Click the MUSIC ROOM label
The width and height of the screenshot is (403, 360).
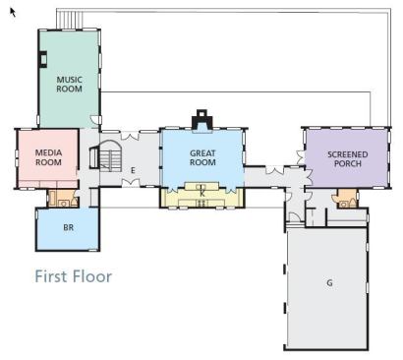[69, 85]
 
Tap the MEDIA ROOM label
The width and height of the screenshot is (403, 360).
[48, 157]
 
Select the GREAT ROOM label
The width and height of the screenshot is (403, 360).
[202, 157]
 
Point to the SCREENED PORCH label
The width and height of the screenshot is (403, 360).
[348, 159]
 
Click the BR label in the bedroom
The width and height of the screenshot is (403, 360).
[69, 227]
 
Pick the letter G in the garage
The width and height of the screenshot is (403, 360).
[329, 282]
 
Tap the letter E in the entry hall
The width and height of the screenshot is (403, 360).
[133, 170]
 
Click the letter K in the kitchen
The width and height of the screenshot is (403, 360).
[202, 194]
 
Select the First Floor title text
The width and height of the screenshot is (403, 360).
[74, 276]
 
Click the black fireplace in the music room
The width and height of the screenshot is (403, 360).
[42, 59]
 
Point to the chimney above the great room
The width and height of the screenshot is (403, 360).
[202, 120]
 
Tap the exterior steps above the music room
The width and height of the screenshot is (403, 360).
[70, 20]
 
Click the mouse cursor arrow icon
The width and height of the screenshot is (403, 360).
[13, 13]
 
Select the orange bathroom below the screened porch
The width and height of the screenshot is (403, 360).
[345, 199]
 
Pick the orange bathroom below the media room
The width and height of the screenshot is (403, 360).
[63, 199]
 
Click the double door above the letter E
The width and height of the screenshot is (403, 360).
[130, 136]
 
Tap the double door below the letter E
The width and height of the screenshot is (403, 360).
[131, 183]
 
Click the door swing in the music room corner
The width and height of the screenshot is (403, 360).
[94, 120]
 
